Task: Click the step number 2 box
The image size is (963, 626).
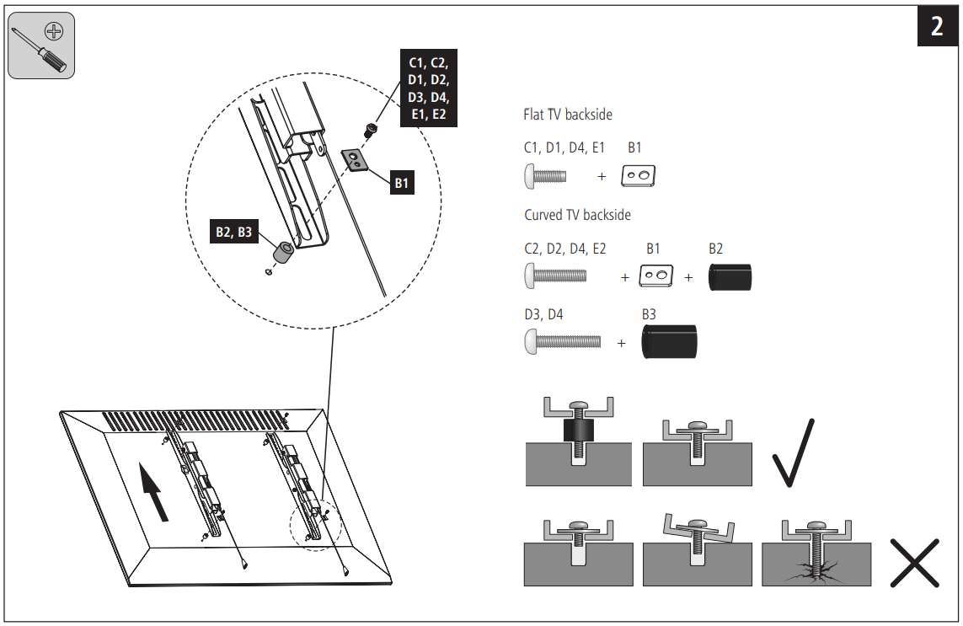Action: click(937, 26)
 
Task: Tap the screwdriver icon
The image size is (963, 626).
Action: click(41, 46)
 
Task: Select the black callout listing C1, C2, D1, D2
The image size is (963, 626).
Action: click(428, 88)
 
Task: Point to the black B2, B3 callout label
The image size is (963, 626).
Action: click(233, 232)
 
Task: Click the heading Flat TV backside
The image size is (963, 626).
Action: click(568, 115)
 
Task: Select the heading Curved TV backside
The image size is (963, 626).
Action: click(577, 215)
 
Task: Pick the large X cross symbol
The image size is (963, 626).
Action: click(914, 563)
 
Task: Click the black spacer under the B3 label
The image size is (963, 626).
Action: click(669, 342)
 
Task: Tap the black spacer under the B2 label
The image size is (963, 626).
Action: click(730, 276)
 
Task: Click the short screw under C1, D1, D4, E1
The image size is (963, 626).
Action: click(545, 176)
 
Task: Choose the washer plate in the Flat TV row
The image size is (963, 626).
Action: click(639, 176)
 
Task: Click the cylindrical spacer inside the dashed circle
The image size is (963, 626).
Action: click(283, 251)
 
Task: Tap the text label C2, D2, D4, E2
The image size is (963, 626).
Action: click(564, 249)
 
